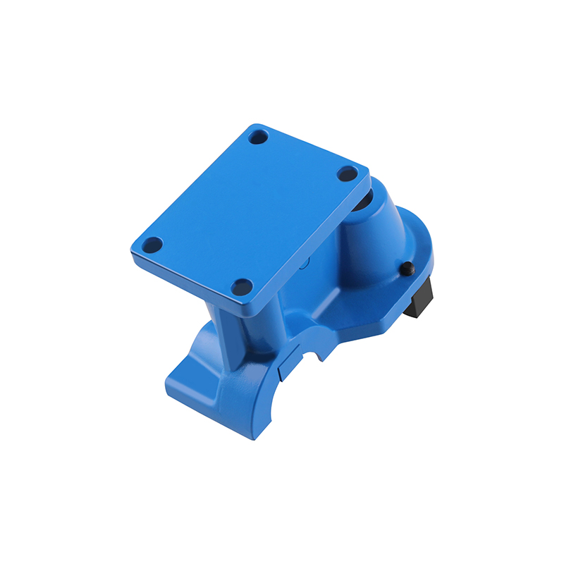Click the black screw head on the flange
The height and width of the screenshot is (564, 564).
(407, 269)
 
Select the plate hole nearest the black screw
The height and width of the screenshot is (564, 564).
(346, 173)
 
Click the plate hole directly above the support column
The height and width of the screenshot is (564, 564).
(242, 286)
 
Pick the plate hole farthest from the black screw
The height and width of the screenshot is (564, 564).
(152, 245)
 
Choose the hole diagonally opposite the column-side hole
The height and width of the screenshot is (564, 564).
(259, 136)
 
